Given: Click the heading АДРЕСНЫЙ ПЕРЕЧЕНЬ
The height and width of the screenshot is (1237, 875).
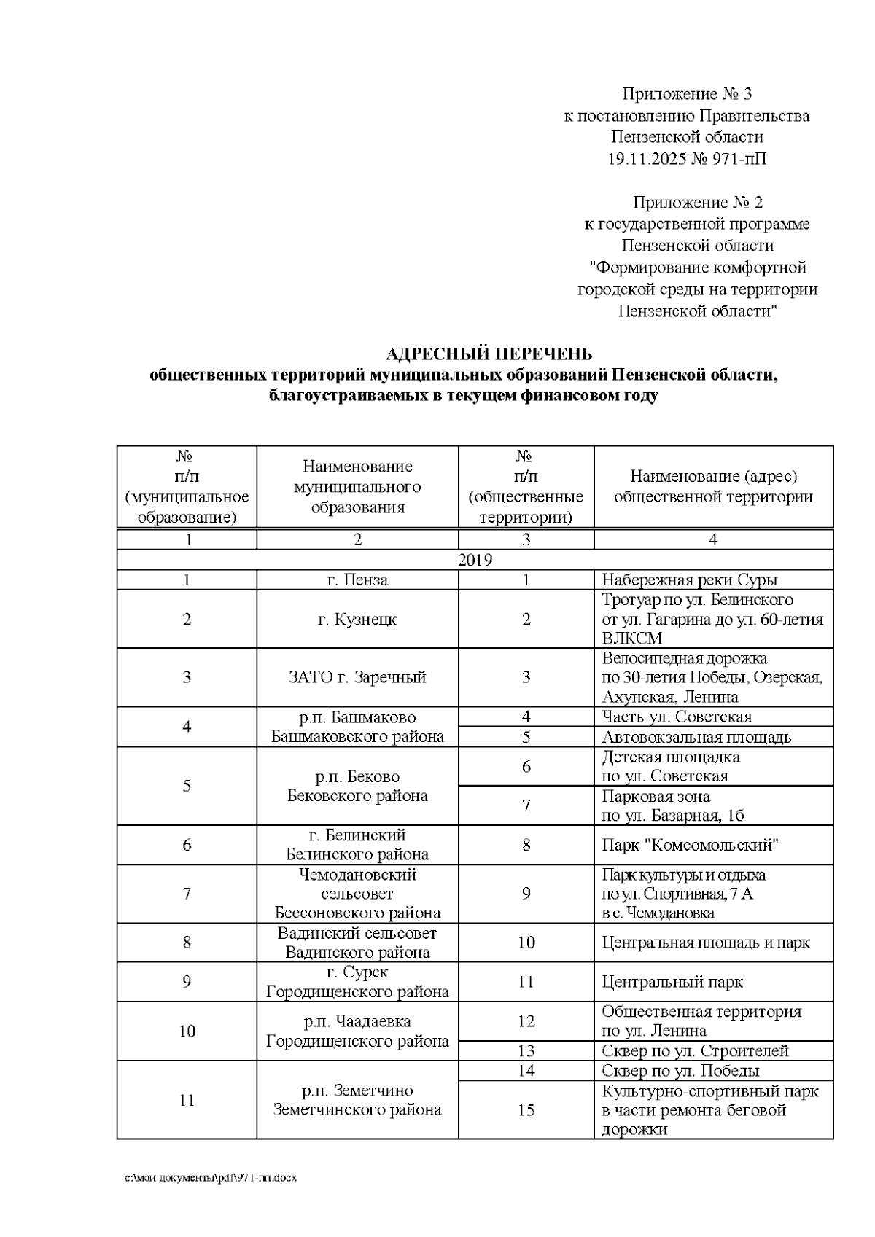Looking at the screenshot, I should [x=489, y=354].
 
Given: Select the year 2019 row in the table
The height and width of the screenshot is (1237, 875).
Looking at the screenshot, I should [x=475, y=560].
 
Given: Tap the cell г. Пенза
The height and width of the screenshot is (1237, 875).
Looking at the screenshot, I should [x=357, y=580].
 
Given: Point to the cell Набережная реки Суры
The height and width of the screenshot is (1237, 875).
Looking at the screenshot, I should [x=689, y=580].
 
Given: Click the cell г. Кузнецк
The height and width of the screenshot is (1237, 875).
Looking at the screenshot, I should [x=357, y=620].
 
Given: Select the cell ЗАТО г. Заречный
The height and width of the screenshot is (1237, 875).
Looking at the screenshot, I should [x=357, y=677].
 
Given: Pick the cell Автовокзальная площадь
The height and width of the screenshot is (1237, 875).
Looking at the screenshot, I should [x=696, y=737].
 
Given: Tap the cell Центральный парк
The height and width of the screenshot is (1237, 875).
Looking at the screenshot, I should [x=672, y=982].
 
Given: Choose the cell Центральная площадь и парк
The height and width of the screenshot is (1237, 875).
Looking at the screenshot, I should [x=705, y=943].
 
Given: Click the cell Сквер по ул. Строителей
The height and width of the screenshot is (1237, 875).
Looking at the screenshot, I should [x=695, y=1051].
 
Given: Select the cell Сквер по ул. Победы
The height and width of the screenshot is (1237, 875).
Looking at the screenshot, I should [x=680, y=1071].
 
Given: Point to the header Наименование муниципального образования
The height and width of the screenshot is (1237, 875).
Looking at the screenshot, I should [x=357, y=486].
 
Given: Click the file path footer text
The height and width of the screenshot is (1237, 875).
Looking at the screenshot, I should [x=211, y=1178].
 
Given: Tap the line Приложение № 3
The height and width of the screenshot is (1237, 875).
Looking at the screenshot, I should [x=686, y=94].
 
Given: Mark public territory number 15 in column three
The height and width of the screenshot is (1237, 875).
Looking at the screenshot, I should [x=526, y=1110].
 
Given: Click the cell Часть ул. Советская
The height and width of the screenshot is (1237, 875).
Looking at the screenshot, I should [x=676, y=717].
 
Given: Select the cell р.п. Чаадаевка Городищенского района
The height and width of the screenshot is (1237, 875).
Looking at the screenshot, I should [x=357, y=1031].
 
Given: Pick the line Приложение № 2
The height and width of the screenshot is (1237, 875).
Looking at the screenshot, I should [x=697, y=202].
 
